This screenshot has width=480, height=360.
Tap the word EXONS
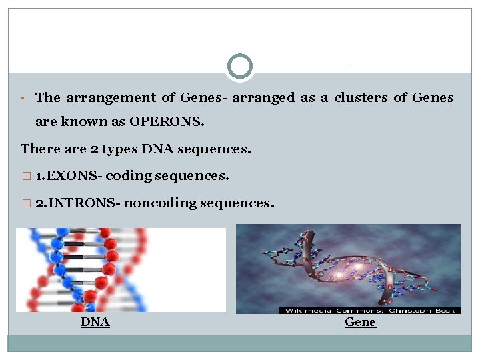[x=74, y=176]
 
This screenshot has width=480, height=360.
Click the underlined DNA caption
[x=95, y=323]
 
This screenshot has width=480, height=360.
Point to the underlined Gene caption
[x=360, y=322]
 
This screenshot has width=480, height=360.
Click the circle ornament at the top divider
[x=240, y=67]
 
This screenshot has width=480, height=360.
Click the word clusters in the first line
[x=360, y=97]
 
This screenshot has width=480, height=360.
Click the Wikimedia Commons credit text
[x=369, y=310]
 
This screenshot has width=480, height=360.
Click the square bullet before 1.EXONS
[x=26, y=176]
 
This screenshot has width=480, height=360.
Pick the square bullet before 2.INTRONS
[x=26, y=203]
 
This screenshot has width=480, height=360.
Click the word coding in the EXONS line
[x=128, y=176]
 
